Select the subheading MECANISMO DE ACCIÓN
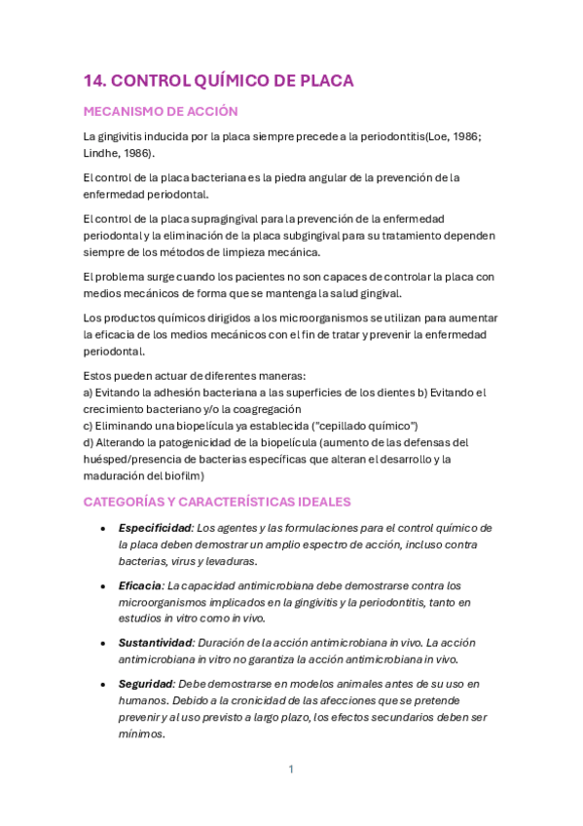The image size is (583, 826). pyautogui.click(x=161, y=112)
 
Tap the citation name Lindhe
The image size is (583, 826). pyautogui.click(x=103, y=153)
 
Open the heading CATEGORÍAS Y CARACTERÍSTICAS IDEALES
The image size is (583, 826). pyautogui.click(x=217, y=501)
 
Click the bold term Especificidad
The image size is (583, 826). pyautogui.click(x=154, y=527)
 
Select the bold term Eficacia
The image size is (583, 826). pyautogui.click(x=140, y=585)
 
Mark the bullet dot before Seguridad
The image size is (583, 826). pyautogui.click(x=103, y=684)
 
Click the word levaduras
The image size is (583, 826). pyautogui.click(x=230, y=561)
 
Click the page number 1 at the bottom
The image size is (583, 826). pyautogui.click(x=291, y=770)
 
